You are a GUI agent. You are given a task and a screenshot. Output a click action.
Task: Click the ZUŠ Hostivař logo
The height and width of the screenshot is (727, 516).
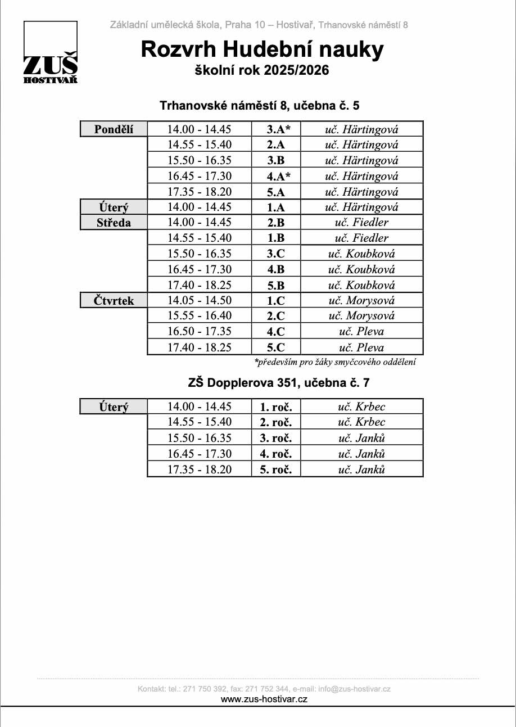click(50, 53)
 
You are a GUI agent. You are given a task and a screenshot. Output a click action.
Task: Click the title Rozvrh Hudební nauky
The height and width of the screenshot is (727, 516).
click(262, 49)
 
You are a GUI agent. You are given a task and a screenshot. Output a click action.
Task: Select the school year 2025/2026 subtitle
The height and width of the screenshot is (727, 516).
click(261, 71)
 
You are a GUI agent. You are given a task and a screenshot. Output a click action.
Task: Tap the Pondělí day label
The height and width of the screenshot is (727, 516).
click(114, 129)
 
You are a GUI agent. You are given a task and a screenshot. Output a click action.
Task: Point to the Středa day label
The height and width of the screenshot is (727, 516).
click(114, 223)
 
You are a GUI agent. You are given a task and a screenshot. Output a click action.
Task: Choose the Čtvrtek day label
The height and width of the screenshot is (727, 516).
click(114, 301)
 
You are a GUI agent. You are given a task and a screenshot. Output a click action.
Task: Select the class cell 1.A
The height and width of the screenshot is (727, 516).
click(276, 207)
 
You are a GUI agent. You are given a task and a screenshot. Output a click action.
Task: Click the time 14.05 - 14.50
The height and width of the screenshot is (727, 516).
click(200, 300)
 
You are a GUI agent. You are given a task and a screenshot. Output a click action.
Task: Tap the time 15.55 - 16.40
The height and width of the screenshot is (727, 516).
click(200, 315)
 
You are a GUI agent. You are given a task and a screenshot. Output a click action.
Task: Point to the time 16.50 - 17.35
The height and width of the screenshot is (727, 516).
click(200, 331)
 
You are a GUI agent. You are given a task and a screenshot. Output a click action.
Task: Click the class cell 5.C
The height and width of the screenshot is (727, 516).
click(276, 347)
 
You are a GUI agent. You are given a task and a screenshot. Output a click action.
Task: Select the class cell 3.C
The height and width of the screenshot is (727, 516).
click(276, 254)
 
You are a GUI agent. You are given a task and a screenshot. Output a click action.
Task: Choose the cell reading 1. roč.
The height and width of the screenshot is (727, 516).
click(276, 407)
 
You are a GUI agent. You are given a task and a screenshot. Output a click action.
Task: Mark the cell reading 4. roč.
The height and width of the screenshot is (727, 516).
click(276, 453)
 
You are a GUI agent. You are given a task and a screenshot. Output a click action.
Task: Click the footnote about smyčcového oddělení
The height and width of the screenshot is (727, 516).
click(335, 363)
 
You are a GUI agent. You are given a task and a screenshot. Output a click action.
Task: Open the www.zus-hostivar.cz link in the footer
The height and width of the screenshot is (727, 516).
click(264, 699)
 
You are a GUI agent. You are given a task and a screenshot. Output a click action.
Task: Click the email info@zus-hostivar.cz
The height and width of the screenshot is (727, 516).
click(354, 689)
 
